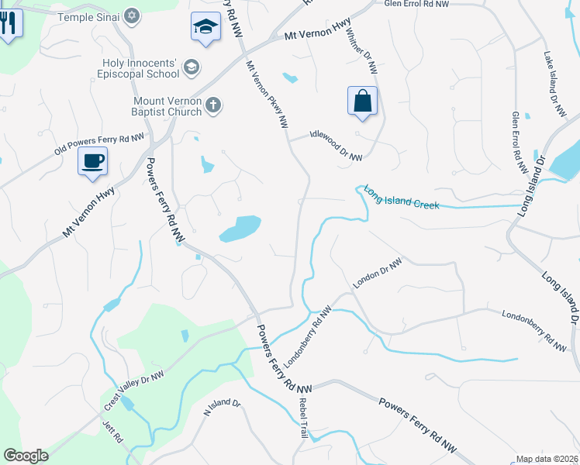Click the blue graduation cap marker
[x=205, y=27]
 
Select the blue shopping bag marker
[x=362, y=101]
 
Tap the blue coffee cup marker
[x=92, y=161]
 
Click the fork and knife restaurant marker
[x=8, y=22]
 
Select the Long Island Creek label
[x=402, y=198]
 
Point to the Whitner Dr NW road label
[x=361, y=53]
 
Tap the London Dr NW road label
[x=377, y=274]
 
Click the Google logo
[x=26, y=456]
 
